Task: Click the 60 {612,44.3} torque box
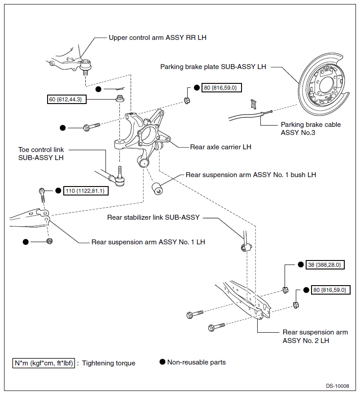[66, 99]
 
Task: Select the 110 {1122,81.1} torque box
[86, 191]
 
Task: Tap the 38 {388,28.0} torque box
[325, 265]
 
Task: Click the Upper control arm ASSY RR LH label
[158, 38]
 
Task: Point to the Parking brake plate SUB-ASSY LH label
[213, 67]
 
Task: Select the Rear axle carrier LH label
[221, 147]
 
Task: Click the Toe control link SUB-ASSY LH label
[41, 154]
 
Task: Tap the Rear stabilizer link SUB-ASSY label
[154, 217]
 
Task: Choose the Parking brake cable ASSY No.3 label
[311, 129]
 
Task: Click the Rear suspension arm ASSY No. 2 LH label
[316, 336]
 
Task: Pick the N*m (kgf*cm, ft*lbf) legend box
[44, 363]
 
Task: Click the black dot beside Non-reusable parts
[162, 362]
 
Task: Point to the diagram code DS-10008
[337, 386]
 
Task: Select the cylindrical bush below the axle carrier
[157, 189]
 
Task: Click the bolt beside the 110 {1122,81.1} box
[42, 195]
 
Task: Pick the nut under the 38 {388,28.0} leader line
[285, 290]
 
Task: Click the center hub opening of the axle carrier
[147, 134]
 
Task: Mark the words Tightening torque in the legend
[109, 363]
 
